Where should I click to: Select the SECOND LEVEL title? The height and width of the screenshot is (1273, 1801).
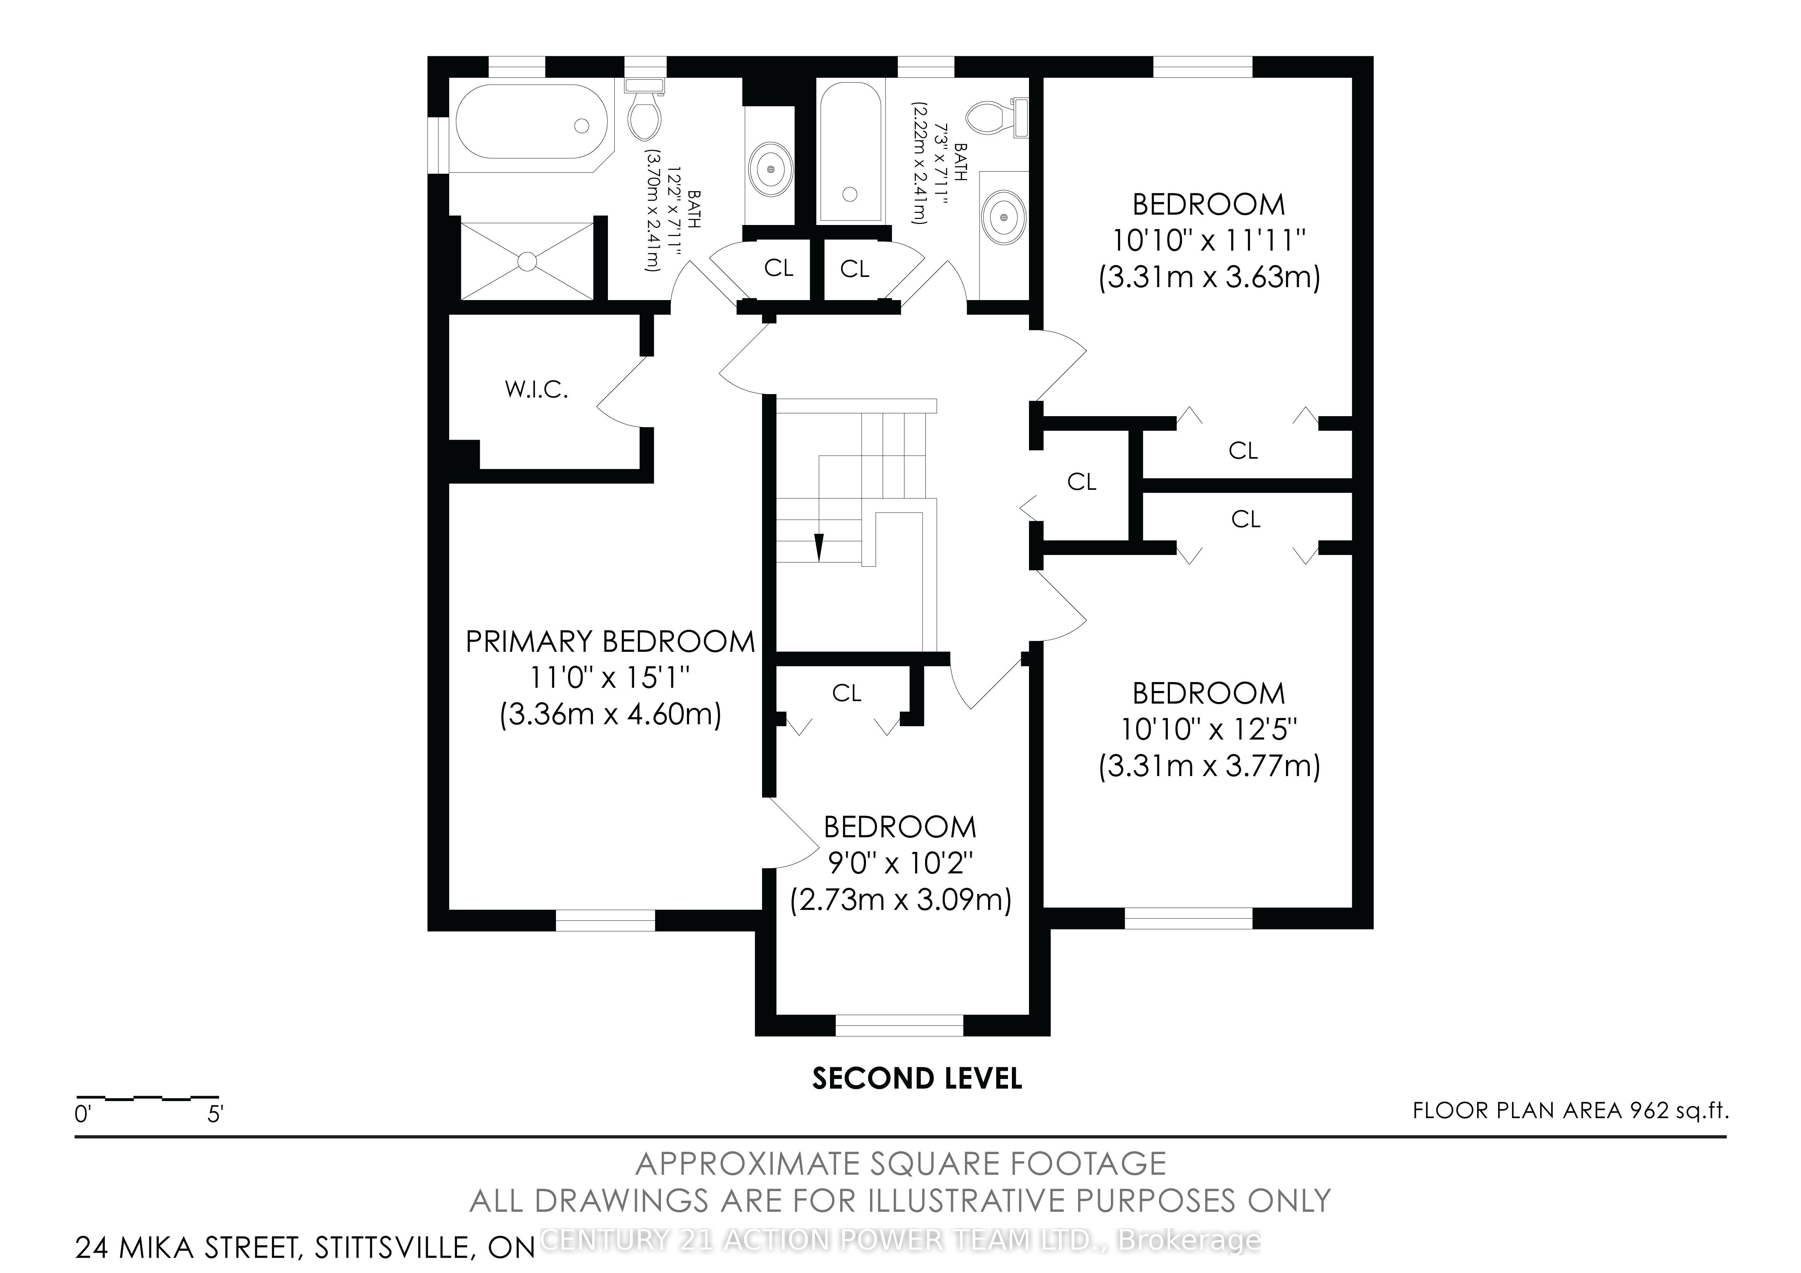(917, 1079)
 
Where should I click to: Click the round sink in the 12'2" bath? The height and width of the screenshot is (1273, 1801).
(772, 169)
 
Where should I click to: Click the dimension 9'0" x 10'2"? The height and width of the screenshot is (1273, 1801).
(900, 863)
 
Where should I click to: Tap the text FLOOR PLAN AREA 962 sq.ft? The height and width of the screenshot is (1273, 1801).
(1570, 1111)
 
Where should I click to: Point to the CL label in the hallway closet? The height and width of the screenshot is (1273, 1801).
(1082, 482)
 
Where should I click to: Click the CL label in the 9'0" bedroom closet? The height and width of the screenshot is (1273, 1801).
(846, 693)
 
